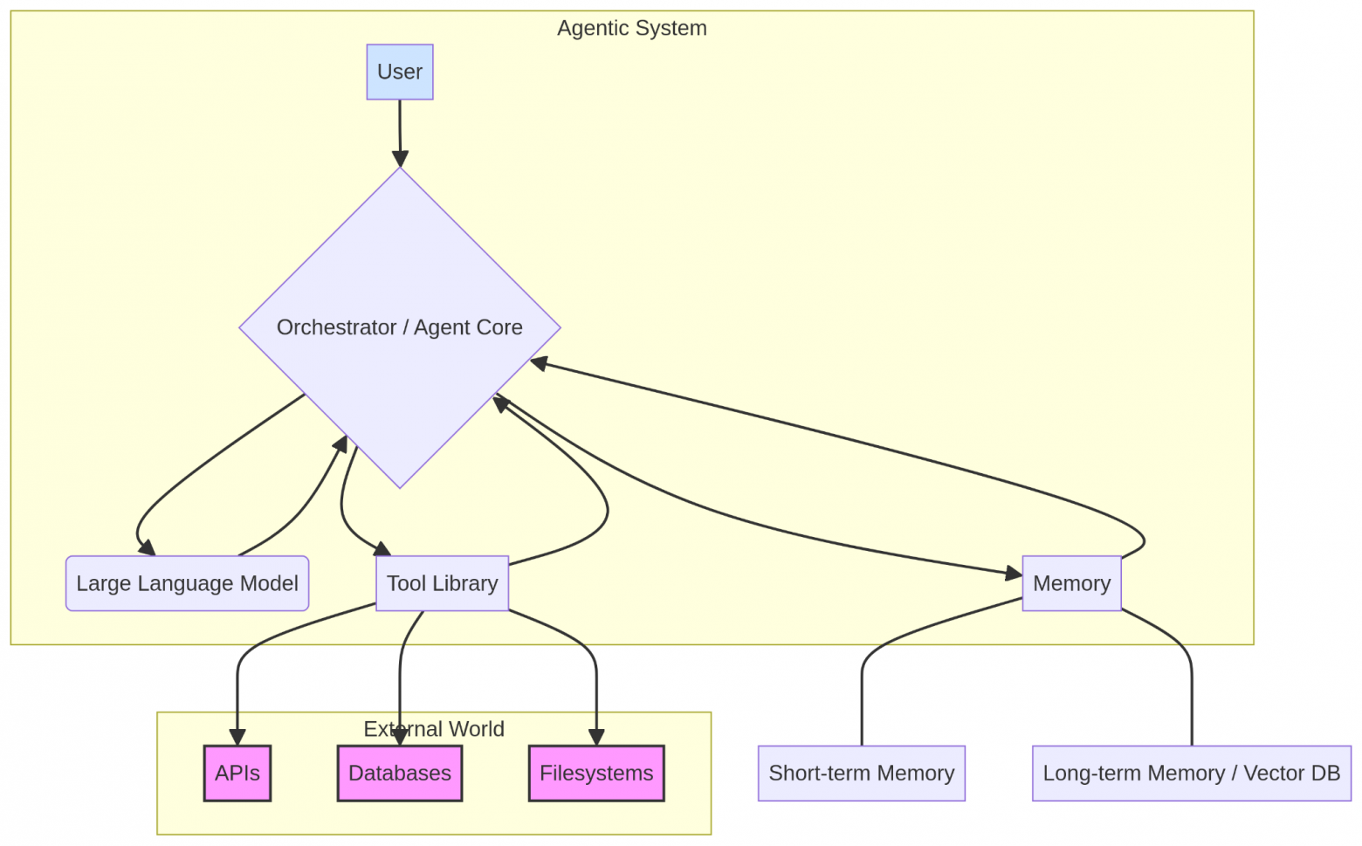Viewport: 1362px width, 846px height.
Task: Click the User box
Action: (x=400, y=72)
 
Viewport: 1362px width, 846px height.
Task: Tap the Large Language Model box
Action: (x=187, y=583)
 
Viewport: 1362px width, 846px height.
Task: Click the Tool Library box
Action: (x=442, y=583)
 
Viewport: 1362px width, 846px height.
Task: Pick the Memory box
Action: (x=1071, y=583)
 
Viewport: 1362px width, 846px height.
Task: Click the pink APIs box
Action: (x=237, y=773)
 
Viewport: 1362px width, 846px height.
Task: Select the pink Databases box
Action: (x=400, y=773)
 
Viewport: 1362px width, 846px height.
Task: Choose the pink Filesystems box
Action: (x=596, y=773)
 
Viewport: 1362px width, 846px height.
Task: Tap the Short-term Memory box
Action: (x=861, y=773)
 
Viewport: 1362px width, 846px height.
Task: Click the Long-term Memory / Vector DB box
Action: (x=1191, y=773)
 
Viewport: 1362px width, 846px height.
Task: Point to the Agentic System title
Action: (x=632, y=28)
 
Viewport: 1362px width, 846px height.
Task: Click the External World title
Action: (x=434, y=729)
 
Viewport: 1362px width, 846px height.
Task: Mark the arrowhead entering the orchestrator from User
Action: (x=400, y=159)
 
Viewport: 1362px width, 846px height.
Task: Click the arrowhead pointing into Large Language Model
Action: (x=148, y=547)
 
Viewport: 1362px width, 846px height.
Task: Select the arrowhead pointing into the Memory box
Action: (x=1013, y=574)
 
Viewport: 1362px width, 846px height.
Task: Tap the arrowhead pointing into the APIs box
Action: (x=237, y=737)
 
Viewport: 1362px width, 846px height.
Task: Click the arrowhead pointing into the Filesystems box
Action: (x=596, y=737)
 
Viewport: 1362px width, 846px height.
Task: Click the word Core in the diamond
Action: (x=499, y=327)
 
